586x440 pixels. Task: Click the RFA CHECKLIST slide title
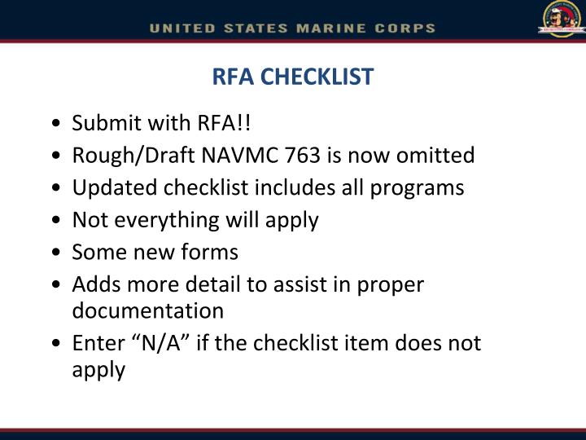tap(292, 77)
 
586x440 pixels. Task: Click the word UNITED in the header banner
tap(181, 28)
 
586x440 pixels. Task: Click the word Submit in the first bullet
tap(102, 123)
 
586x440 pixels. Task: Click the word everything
tap(171, 220)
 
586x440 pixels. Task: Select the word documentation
tap(147, 310)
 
